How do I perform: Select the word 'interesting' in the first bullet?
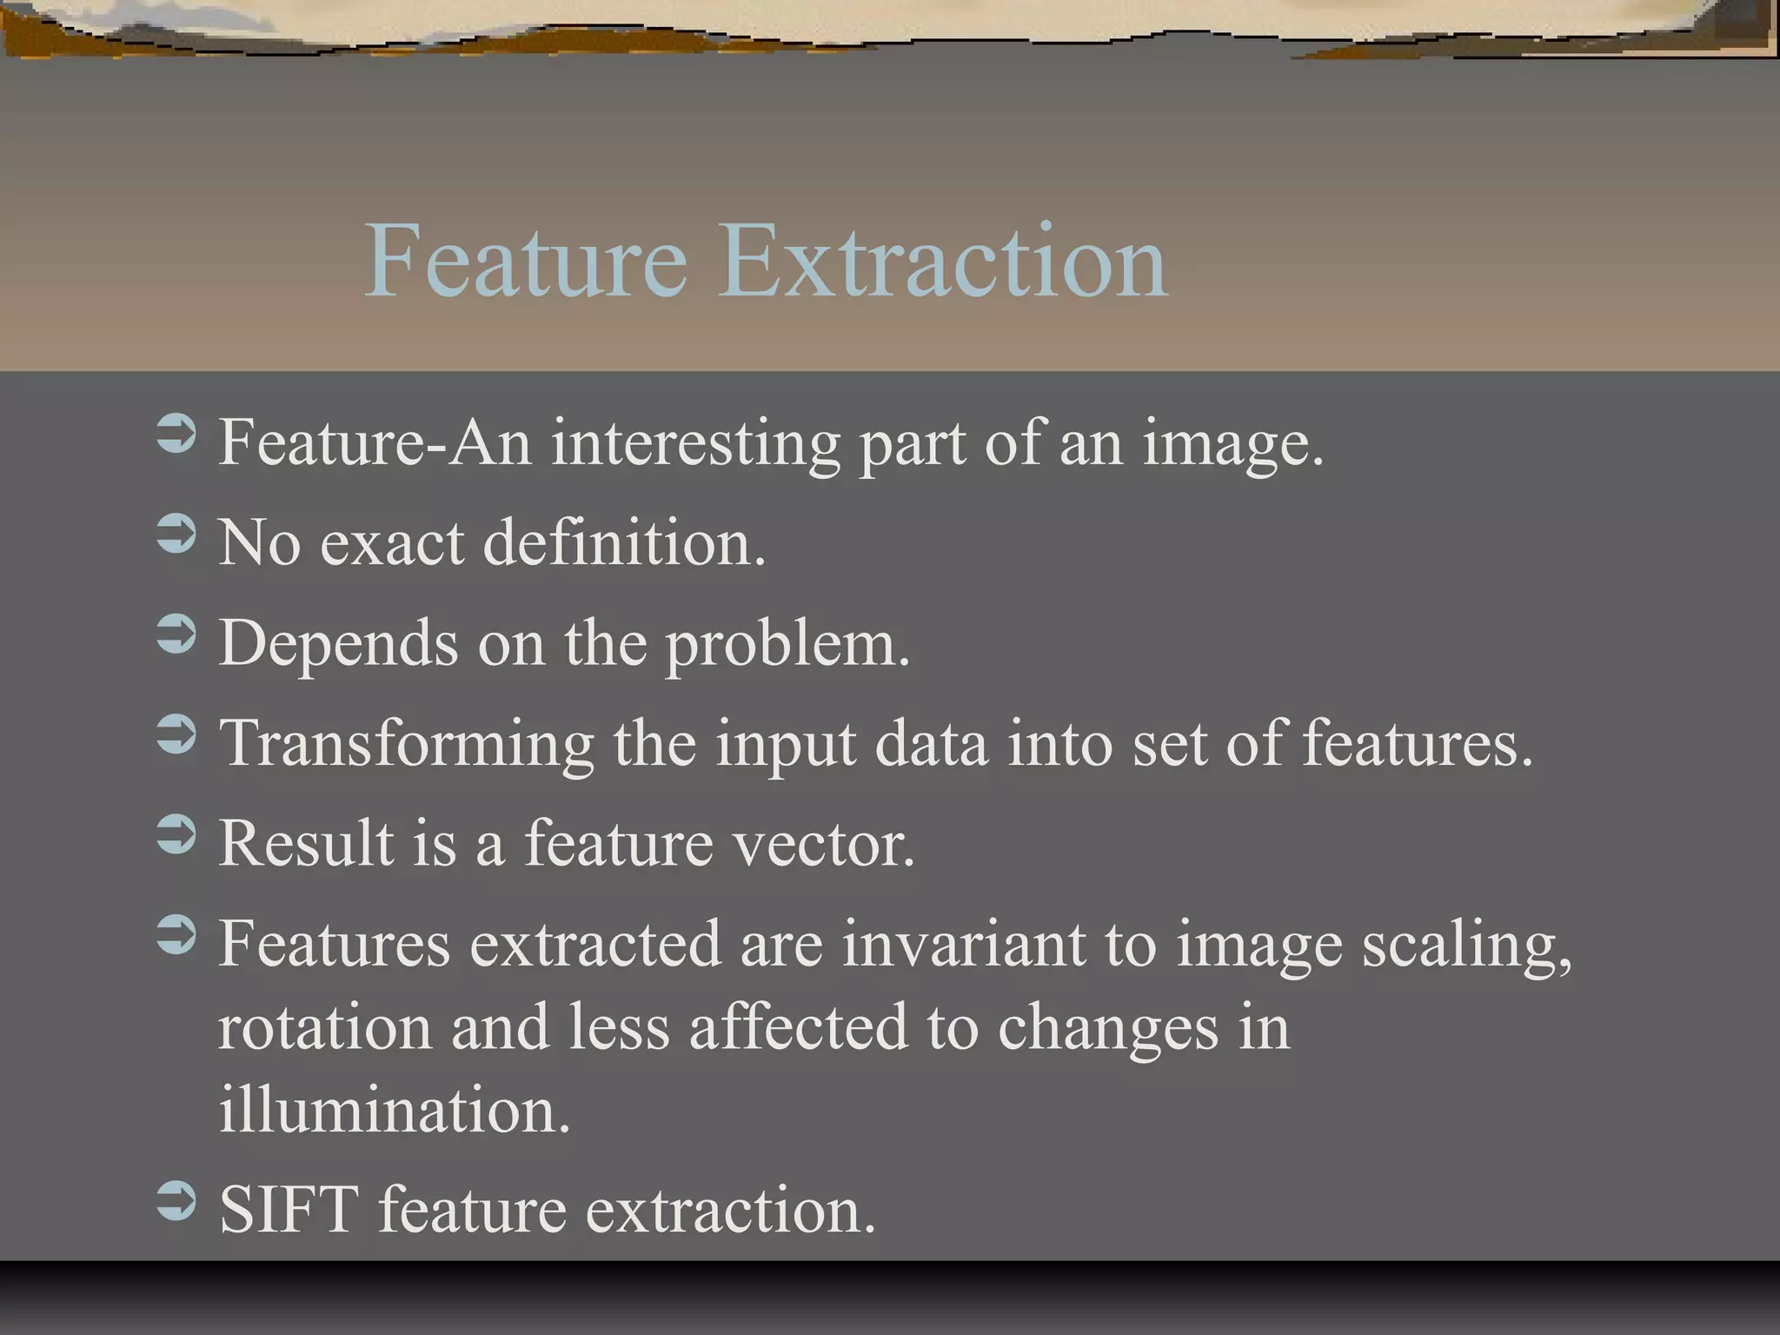pos(695,443)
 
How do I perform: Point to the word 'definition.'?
pos(624,543)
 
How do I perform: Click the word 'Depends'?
pos(338,645)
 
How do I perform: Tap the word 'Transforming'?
pos(406,746)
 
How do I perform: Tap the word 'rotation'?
pos(324,1027)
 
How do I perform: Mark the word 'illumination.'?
pos(394,1110)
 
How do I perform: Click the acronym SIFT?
pos(289,1210)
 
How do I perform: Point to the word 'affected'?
pos(798,1027)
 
